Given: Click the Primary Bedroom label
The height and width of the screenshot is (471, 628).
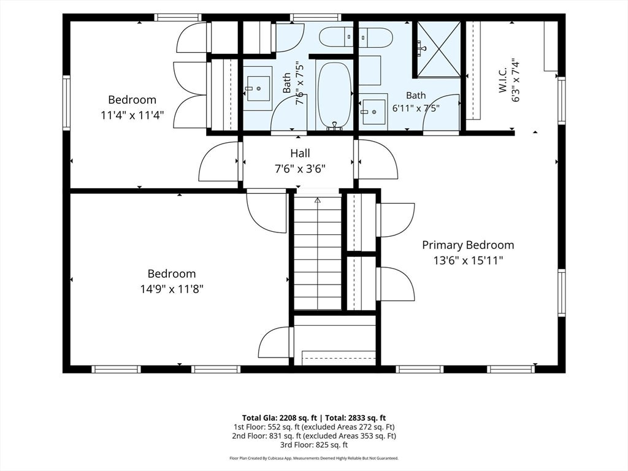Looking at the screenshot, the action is click(x=468, y=245).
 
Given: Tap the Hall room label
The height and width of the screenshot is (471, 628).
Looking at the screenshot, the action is click(x=300, y=153).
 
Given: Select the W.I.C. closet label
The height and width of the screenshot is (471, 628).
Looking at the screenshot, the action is click(x=503, y=80).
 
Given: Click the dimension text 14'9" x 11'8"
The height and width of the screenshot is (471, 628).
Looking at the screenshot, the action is click(x=172, y=289).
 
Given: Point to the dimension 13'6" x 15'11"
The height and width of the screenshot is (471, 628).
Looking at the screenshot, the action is click(x=468, y=261).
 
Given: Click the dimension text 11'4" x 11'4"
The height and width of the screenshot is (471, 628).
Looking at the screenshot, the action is click(x=132, y=116).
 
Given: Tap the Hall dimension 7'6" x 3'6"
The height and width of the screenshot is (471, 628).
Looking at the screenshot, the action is click(x=300, y=169).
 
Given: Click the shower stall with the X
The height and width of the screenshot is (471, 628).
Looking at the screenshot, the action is click(x=439, y=49).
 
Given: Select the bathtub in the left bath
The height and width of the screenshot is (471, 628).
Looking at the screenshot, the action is click(x=334, y=96).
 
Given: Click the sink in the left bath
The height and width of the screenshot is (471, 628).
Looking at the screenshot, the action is click(x=258, y=88).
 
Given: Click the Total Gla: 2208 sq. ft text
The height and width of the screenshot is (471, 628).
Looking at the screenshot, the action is click(x=280, y=418).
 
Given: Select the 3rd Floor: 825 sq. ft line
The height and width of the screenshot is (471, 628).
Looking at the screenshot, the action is click(x=314, y=445).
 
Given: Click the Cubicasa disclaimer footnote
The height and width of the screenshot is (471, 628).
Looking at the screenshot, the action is click(x=314, y=458).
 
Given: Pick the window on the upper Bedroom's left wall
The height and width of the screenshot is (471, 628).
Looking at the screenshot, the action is click(x=66, y=102).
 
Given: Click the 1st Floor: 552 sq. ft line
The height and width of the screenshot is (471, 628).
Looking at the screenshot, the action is click(x=314, y=427).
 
